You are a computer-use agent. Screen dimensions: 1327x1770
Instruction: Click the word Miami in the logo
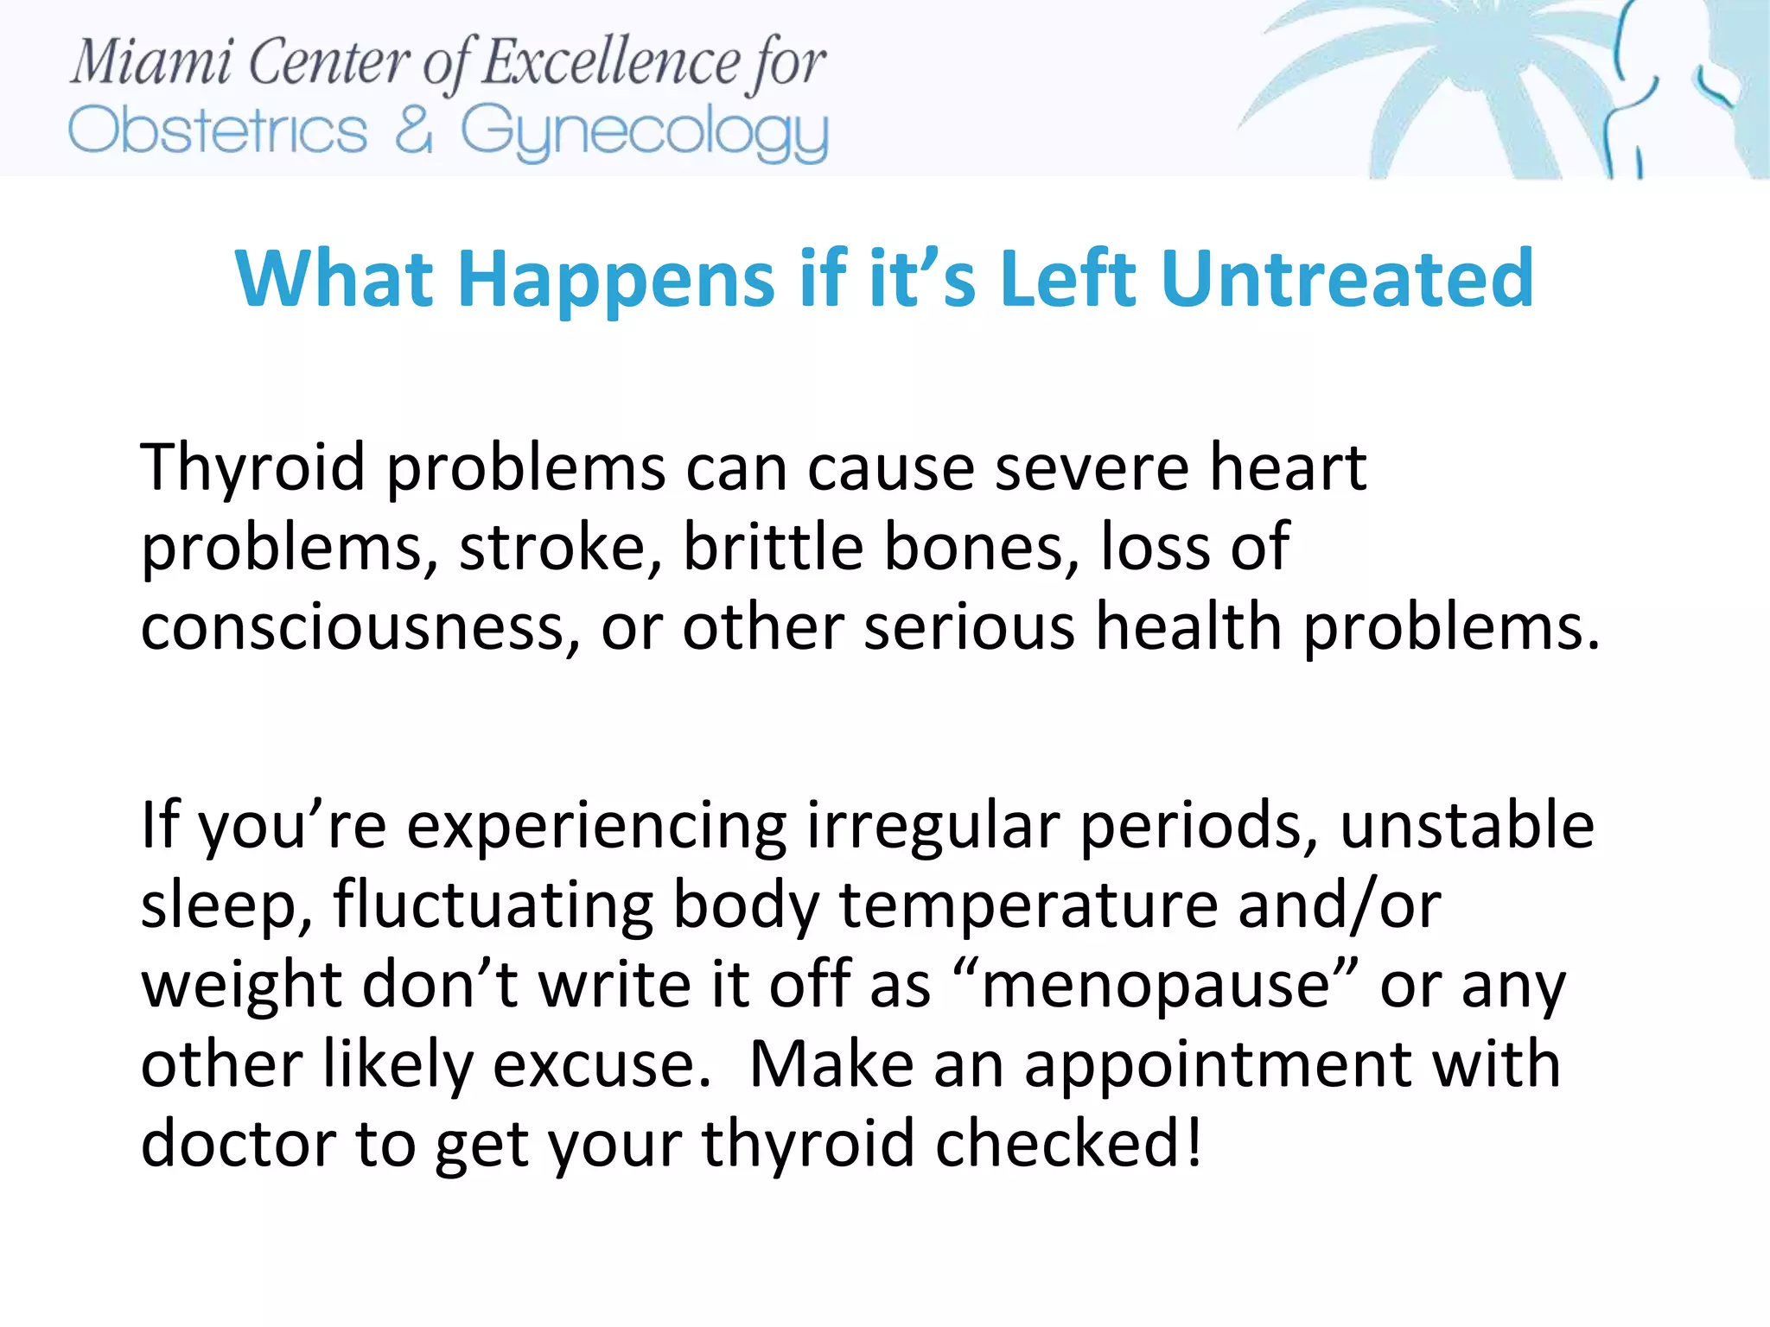(151, 63)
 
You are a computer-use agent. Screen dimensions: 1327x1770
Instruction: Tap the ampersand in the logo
(414, 130)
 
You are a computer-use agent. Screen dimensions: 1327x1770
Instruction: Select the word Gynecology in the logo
(644, 134)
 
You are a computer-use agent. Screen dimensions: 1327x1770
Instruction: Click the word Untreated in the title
(1347, 278)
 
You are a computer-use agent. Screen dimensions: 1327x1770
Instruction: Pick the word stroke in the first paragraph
(560, 547)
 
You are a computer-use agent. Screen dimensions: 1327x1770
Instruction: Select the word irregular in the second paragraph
(933, 826)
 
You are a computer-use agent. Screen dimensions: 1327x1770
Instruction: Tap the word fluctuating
(493, 905)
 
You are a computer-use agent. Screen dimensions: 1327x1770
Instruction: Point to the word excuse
(602, 1064)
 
